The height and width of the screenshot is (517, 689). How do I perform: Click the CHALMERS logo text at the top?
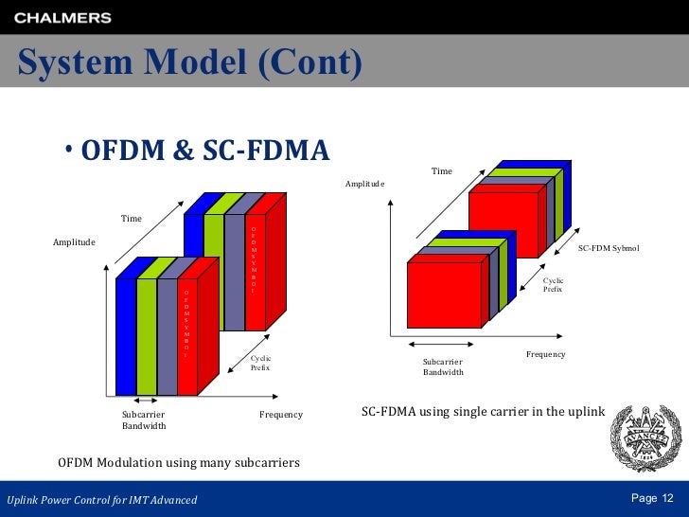(x=63, y=18)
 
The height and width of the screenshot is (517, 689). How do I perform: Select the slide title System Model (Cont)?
(x=190, y=63)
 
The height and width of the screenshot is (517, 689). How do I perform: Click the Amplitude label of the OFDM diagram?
(x=74, y=242)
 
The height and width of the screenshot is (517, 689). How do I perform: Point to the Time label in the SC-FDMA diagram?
(x=442, y=171)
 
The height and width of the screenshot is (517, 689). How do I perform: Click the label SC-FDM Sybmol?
(x=609, y=248)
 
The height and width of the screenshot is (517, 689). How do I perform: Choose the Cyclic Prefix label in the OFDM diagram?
(x=260, y=363)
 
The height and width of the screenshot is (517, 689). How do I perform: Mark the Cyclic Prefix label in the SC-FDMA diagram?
(x=553, y=285)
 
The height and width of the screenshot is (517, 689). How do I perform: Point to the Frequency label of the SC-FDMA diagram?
(x=545, y=354)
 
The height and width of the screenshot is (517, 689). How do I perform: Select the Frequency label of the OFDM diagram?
(x=281, y=415)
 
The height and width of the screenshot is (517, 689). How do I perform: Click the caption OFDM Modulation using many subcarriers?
(x=179, y=463)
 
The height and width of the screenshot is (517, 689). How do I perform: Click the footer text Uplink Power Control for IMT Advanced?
(x=102, y=500)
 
